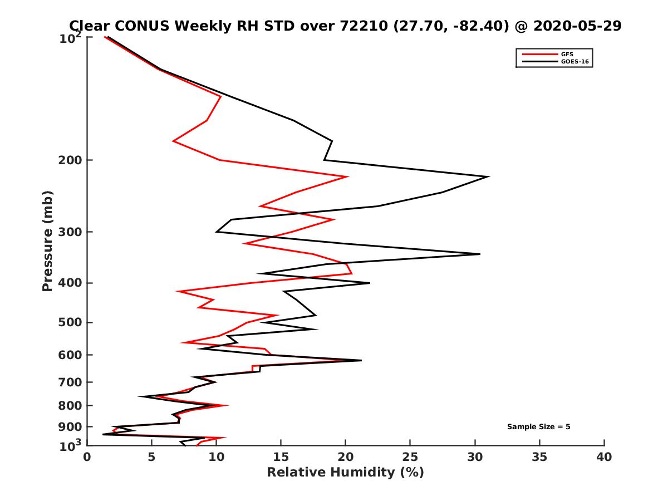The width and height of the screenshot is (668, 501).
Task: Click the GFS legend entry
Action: pos(568,54)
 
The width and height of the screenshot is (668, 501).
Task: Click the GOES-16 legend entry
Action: pos(573,62)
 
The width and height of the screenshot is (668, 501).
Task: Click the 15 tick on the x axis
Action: pos(281,457)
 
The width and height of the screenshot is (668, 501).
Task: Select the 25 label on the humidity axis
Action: pos(410,457)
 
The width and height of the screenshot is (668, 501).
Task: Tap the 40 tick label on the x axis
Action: pos(604,457)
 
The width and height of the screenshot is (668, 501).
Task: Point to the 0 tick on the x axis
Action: pos(87,457)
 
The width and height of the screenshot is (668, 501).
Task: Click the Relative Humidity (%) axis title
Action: pos(345,473)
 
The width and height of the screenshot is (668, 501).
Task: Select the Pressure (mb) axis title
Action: pos(47,240)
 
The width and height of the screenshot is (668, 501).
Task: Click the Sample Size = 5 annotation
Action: pos(538,427)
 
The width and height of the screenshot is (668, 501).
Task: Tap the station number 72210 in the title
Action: pos(360,26)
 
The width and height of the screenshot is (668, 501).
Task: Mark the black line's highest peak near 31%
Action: pos(489,176)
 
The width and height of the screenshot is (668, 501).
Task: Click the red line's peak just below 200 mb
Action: pos(348,176)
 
